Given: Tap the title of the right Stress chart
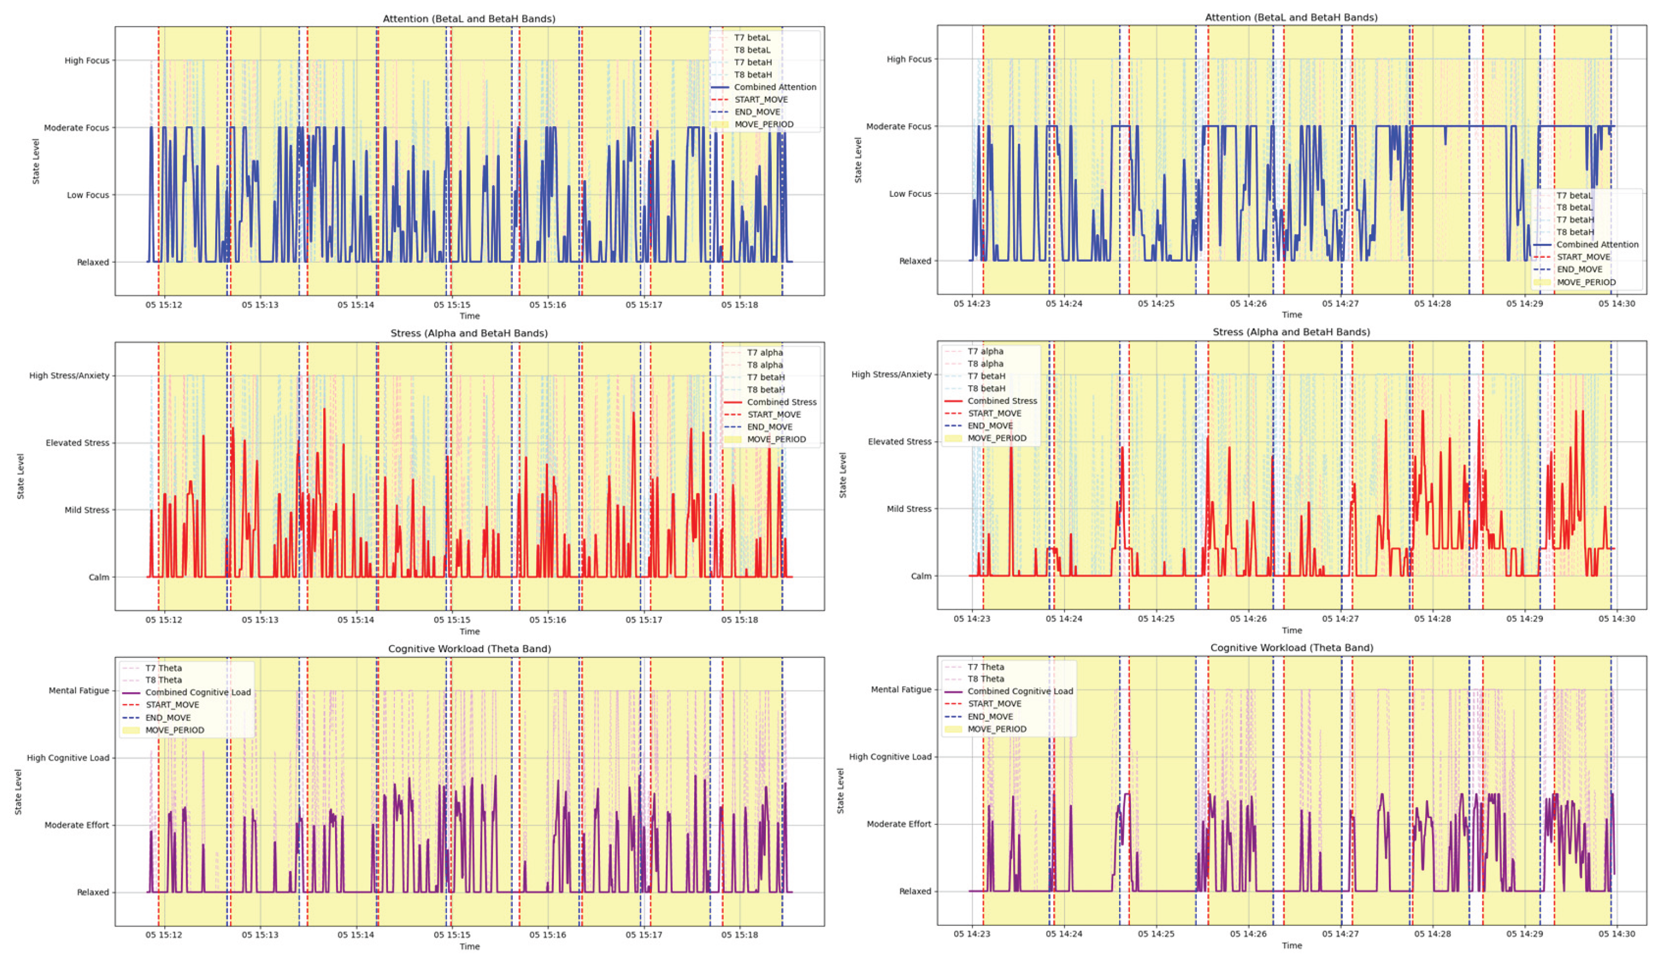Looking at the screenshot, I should pos(1290,332).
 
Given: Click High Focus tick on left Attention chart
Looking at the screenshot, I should pos(87,60).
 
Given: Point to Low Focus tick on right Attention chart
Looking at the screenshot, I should pos(909,194).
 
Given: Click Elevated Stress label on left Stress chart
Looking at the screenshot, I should pos(77,442).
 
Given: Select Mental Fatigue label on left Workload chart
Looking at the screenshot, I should pos(79,690).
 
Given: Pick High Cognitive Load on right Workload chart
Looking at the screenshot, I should pos(889,756).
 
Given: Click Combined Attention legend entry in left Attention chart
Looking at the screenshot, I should pos(774,87).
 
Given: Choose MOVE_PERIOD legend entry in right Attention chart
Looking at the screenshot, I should pos(1585,282).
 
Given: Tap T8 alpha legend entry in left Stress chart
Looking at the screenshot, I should pos(764,365).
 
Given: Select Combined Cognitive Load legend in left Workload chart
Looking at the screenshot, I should pos(197,692).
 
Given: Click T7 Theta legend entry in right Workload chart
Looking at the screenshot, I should pos(985,667).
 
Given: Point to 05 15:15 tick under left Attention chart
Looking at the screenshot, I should pos(452,304).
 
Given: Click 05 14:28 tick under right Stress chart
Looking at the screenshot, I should pos(1432,618).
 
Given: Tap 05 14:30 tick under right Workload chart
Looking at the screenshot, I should pos(1616,933).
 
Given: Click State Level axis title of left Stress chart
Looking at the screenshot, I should pos(20,476).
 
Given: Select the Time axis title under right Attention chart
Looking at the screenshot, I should pos(1291,315).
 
